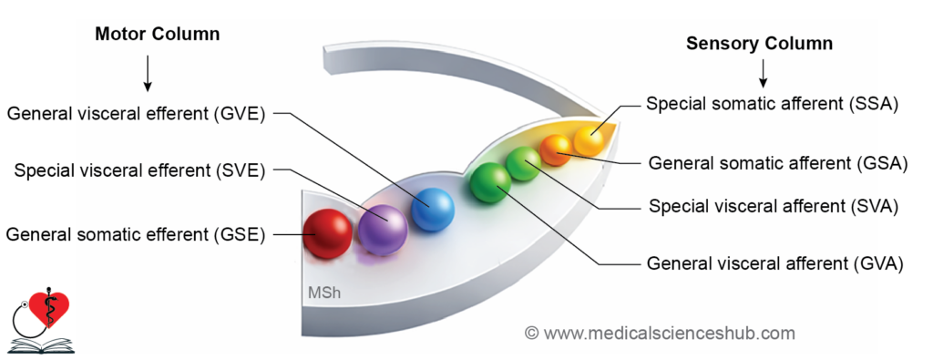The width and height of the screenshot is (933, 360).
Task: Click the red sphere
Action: tap(327, 234)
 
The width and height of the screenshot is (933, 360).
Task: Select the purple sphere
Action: tap(384, 230)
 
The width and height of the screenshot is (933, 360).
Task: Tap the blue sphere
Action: tap(433, 210)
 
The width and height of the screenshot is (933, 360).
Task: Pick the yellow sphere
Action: tap(589, 140)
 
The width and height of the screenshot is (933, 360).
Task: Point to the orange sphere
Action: tap(556, 150)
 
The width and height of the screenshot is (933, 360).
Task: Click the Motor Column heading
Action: tap(157, 35)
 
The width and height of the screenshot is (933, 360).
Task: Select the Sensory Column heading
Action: tap(759, 44)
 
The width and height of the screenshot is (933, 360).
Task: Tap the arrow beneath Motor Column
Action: tap(148, 76)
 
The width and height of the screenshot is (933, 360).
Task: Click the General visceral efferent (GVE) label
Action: tap(137, 114)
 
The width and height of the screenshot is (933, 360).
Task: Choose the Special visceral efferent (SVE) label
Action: tap(139, 171)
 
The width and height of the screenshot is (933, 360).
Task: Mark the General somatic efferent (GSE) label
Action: tap(136, 234)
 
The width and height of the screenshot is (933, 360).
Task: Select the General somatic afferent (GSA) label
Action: tap(778, 163)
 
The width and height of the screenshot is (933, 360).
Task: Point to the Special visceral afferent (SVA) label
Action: tap(774, 207)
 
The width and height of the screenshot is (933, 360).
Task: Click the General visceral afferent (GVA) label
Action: tap(775, 263)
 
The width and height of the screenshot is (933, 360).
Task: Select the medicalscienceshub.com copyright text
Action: tap(660, 333)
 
